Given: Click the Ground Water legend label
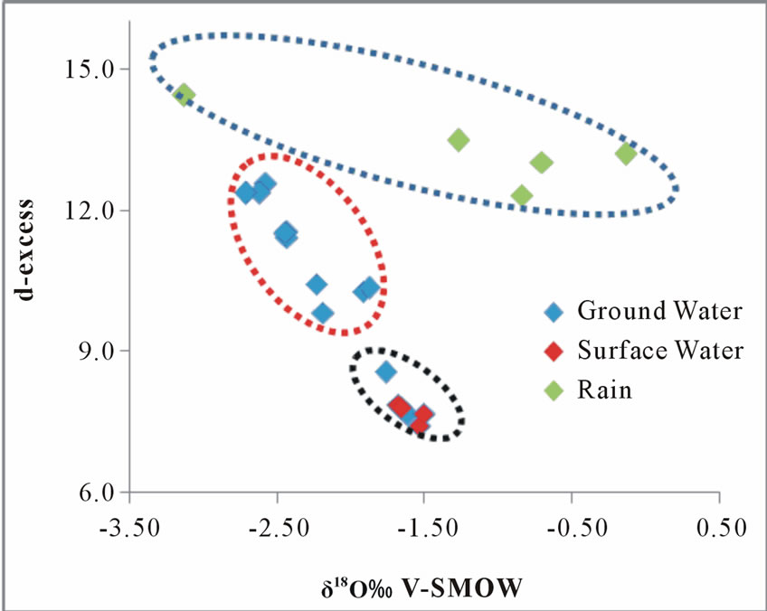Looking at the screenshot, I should [659, 312].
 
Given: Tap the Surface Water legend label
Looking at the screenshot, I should [660, 351].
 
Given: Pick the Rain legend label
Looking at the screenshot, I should [605, 390].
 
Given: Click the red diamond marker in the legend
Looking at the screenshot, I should [554, 351].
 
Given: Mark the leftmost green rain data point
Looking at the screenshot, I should [185, 95].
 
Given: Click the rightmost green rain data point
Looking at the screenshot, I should [626, 154].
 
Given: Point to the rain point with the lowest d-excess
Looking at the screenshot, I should [521, 195].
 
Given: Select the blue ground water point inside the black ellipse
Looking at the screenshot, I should [386, 371].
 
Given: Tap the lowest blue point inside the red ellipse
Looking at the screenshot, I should [323, 314].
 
